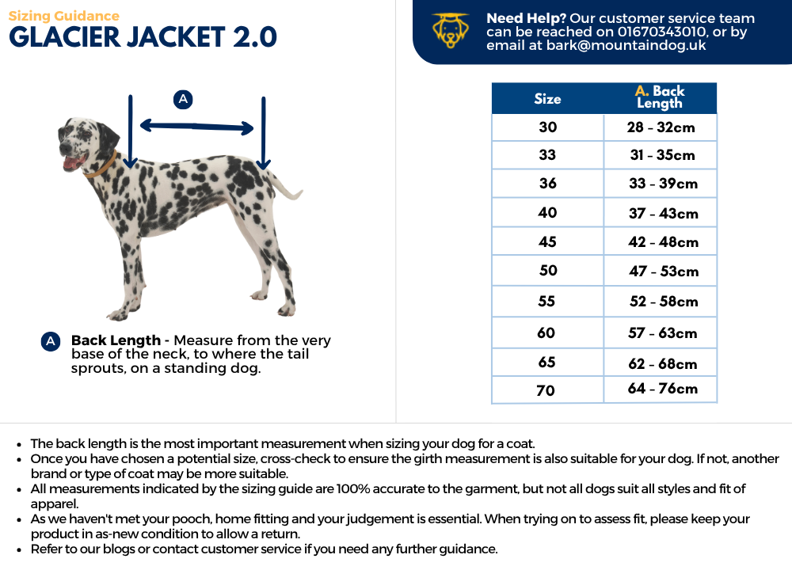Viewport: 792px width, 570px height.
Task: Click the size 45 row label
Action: coord(547,241)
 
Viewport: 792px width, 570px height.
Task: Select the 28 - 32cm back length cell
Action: coord(661,127)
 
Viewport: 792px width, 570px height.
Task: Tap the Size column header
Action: coord(547,99)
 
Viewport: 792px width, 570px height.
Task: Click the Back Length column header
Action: coord(660,97)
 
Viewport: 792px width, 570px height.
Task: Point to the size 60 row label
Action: coord(546,332)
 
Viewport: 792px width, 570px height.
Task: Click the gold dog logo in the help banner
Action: coord(451,31)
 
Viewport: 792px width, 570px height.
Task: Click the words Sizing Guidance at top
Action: coord(64,16)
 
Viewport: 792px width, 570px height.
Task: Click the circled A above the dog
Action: coord(183,99)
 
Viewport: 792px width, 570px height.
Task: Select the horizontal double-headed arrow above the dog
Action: coord(196,126)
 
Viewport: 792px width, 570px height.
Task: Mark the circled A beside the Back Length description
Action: coord(51,341)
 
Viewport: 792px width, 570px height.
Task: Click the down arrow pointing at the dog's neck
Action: coord(131,131)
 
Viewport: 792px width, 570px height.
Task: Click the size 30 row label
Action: coord(547,127)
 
